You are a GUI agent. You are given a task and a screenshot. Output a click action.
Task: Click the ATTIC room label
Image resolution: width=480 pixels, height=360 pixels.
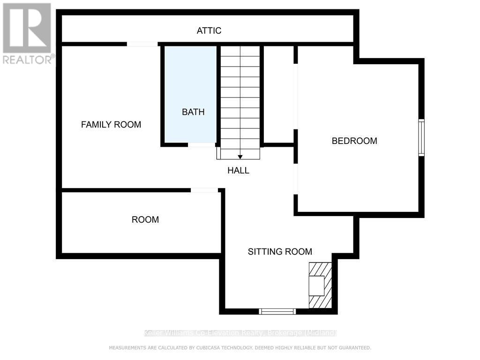coord(209,31)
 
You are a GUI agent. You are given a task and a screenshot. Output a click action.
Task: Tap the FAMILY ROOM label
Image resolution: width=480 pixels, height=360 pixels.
coord(111,125)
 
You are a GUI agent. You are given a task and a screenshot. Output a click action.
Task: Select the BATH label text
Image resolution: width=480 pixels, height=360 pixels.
coord(193,112)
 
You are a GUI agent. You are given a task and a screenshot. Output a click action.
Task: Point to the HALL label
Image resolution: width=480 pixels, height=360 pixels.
coord(238,171)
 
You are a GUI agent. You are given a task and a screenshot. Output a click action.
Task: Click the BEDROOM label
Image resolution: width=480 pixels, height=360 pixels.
coord(354,141)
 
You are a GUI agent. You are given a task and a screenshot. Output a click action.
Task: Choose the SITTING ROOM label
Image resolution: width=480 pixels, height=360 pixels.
coord(280,252)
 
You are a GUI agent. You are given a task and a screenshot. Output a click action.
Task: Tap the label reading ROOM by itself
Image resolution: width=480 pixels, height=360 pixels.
coord(145,219)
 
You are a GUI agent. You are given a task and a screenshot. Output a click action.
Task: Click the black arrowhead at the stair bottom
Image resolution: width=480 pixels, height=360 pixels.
coord(240,157)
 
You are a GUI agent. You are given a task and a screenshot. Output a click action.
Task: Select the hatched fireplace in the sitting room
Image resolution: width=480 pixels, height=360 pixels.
coord(320,285)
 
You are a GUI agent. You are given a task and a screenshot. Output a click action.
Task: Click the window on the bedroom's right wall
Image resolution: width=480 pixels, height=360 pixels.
coord(421,137)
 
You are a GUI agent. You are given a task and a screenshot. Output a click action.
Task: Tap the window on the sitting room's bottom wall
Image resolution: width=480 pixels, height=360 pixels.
coord(277,311)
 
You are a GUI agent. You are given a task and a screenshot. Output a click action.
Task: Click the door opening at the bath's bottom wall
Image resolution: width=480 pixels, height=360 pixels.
coord(202,145)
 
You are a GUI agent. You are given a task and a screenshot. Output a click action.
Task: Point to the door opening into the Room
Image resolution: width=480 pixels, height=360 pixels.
coord(204,190)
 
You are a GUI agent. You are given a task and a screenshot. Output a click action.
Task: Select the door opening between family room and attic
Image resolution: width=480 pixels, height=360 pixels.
coord(142,44)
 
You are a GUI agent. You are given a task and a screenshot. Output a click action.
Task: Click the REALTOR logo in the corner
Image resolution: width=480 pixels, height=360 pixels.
coord(27,33)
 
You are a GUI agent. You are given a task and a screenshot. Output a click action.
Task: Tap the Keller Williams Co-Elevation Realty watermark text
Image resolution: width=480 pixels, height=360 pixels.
coord(240,333)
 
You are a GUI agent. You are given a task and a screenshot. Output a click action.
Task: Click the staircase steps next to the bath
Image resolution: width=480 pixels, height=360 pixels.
coord(240,98)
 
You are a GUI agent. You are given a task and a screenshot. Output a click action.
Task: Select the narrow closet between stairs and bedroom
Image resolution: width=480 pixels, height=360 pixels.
coord(279,94)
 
